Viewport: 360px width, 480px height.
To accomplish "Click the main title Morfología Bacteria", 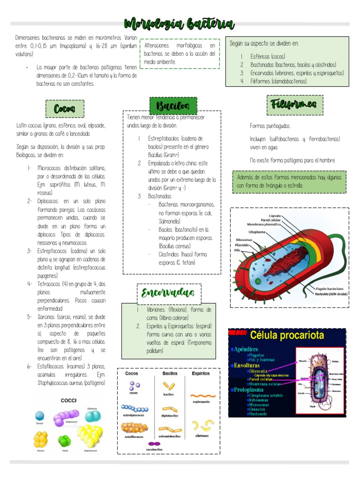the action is click(180, 24).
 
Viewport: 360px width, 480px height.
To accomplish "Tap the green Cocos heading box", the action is click(65, 109).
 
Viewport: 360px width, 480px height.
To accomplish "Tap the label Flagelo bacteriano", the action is click(329, 289).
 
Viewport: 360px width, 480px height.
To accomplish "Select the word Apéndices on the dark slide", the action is click(247, 349).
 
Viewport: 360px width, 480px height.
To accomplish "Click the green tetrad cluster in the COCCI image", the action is click(65, 441).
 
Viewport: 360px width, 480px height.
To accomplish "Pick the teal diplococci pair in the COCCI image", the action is click(92, 416).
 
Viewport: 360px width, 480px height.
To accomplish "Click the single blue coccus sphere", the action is click(40, 416).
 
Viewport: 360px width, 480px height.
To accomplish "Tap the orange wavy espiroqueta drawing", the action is click(202, 395).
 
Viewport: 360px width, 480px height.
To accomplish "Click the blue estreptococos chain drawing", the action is click(134, 409).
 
